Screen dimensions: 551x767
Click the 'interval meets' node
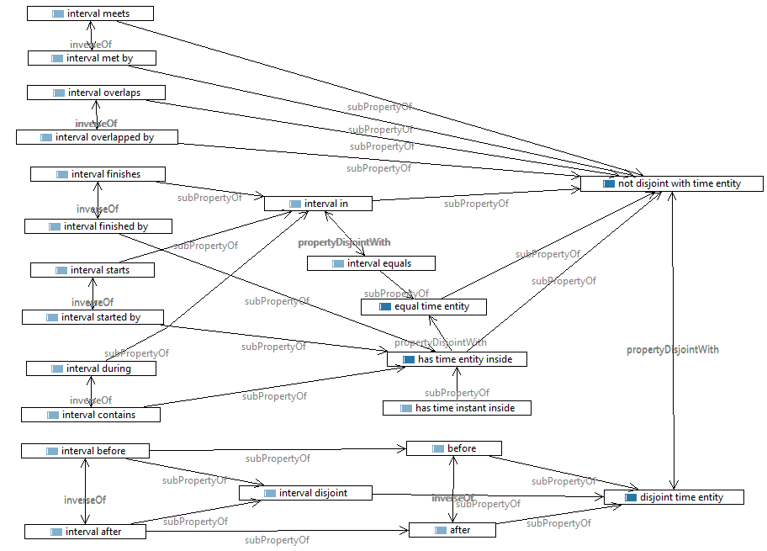(x=90, y=13)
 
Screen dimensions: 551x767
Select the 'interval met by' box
(x=92, y=58)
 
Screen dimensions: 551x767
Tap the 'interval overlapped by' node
(x=97, y=136)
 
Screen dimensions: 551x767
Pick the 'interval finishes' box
(x=98, y=174)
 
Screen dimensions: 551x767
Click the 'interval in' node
(x=317, y=204)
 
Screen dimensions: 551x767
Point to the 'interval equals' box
(x=371, y=263)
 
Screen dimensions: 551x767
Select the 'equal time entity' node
(x=423, y=307)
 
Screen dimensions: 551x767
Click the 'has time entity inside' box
(x=456, y=359)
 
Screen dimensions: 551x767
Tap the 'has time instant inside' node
(x=456, y=408)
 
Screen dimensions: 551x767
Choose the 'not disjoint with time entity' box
(x=671, y=183)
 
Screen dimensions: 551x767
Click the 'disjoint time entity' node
(x=674, y=497)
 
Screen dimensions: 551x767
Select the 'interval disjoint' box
(x=304, y=493)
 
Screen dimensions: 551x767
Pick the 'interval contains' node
(x=90, y=415)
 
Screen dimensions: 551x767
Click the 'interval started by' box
(x=93, y=317)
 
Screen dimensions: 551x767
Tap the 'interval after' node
(x=84, y=532)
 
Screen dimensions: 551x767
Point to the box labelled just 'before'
(x=453, y=448)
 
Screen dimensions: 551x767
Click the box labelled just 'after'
(x=452, y=530)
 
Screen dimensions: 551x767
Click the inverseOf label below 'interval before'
(x=85, y=500)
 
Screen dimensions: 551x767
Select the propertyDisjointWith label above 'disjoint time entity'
(x=673, y=349)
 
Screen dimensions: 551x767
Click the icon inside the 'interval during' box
(x=56, y=368)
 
